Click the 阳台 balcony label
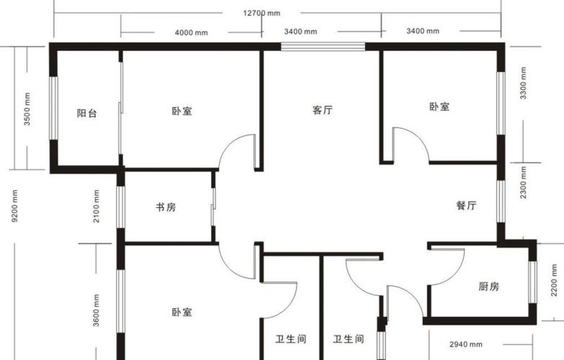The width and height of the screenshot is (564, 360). pos(86,113)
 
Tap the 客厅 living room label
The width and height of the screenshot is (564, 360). pos(323,109)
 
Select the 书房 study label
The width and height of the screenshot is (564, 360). pos(166,207)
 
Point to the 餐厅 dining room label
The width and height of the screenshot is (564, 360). pos(467,205)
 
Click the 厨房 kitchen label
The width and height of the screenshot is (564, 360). pos(489,287)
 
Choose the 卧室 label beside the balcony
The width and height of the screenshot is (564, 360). pos(182,111)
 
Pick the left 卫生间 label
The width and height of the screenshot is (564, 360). pos(291,339)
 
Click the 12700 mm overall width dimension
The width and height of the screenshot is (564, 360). pos(261,13)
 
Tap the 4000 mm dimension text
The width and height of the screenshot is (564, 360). pos(192,32)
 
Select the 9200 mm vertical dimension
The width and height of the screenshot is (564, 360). pos(14,206)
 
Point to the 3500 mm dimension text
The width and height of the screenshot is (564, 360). pos(27,109)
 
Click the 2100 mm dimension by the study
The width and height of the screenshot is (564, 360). pos(96,207)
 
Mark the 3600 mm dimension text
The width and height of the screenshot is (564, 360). pos(96,310)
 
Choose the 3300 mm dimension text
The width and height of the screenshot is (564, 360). pos(524,83)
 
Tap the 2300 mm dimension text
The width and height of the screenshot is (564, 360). pos(524,182)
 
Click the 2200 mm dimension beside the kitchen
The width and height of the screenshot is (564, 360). pos(555,280)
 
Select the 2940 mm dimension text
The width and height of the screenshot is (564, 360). pos(466,345)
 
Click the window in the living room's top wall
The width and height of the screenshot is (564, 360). pos(323,46)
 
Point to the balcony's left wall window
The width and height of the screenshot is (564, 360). pos(53,108)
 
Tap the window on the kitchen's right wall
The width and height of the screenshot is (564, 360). pos(533,282)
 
